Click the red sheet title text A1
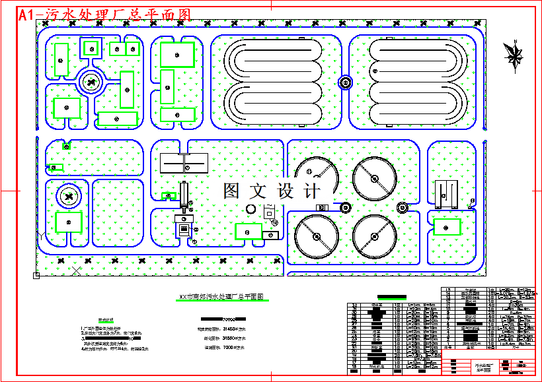[x=30, y=15]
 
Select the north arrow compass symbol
[x=514, y=53]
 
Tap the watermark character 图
[x=232, y=191]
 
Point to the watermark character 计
[x=309, y=191]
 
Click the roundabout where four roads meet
[x=91, y=82]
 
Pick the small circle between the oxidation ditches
[x=345, y=82]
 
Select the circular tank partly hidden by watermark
[x=315, y=177]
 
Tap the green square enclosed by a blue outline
[x=91, y=48]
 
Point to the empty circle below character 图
[x=251, y=209]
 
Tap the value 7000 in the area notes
[x=229, y=347]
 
